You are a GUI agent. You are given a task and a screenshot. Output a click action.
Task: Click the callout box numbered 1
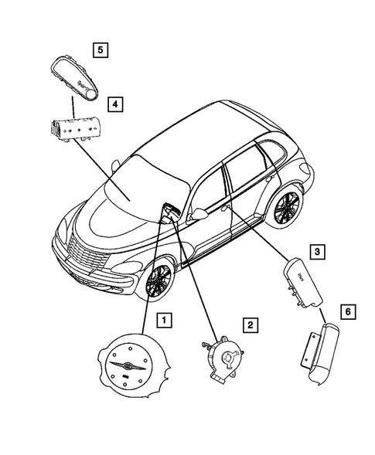click(x=163, y=318)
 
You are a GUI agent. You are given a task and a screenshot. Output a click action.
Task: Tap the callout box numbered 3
click(x=317, y=251)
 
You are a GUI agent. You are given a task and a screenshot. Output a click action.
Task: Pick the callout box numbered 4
click(x=114, y=103)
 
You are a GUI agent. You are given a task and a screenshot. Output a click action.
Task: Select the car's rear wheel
click(x=287, y=208)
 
